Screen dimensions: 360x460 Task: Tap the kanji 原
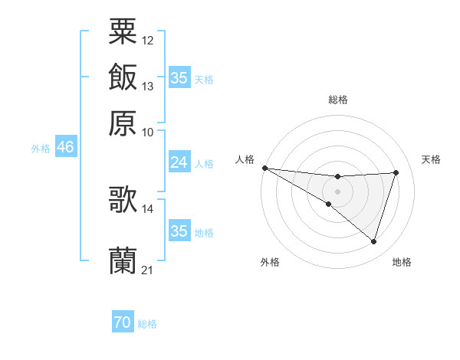coord(123,123)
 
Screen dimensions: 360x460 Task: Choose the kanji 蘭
coord(123,260)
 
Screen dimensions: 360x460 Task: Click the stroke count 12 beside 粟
coord(148,40)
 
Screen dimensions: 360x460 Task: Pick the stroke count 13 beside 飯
coord(148,86)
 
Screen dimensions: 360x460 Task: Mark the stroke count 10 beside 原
coord(148,132)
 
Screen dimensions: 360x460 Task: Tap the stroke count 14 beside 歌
coord(148,208)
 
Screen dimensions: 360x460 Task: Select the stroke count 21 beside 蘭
coord(148,270)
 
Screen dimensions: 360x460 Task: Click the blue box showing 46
coord(65,147)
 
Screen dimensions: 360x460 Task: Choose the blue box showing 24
coord(179,162)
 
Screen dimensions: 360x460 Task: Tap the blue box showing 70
coord(123,323)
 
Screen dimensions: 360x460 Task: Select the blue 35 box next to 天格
coord(179,78)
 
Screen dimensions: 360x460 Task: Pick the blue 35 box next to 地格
coord(179,231)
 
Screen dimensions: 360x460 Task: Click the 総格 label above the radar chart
coord(338,100)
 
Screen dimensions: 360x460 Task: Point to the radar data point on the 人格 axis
coord(264,168)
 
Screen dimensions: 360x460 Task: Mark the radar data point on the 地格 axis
coord(373,242)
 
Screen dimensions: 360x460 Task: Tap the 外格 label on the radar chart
coord(270,263)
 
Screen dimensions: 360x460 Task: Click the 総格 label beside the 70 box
coord(147,324)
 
